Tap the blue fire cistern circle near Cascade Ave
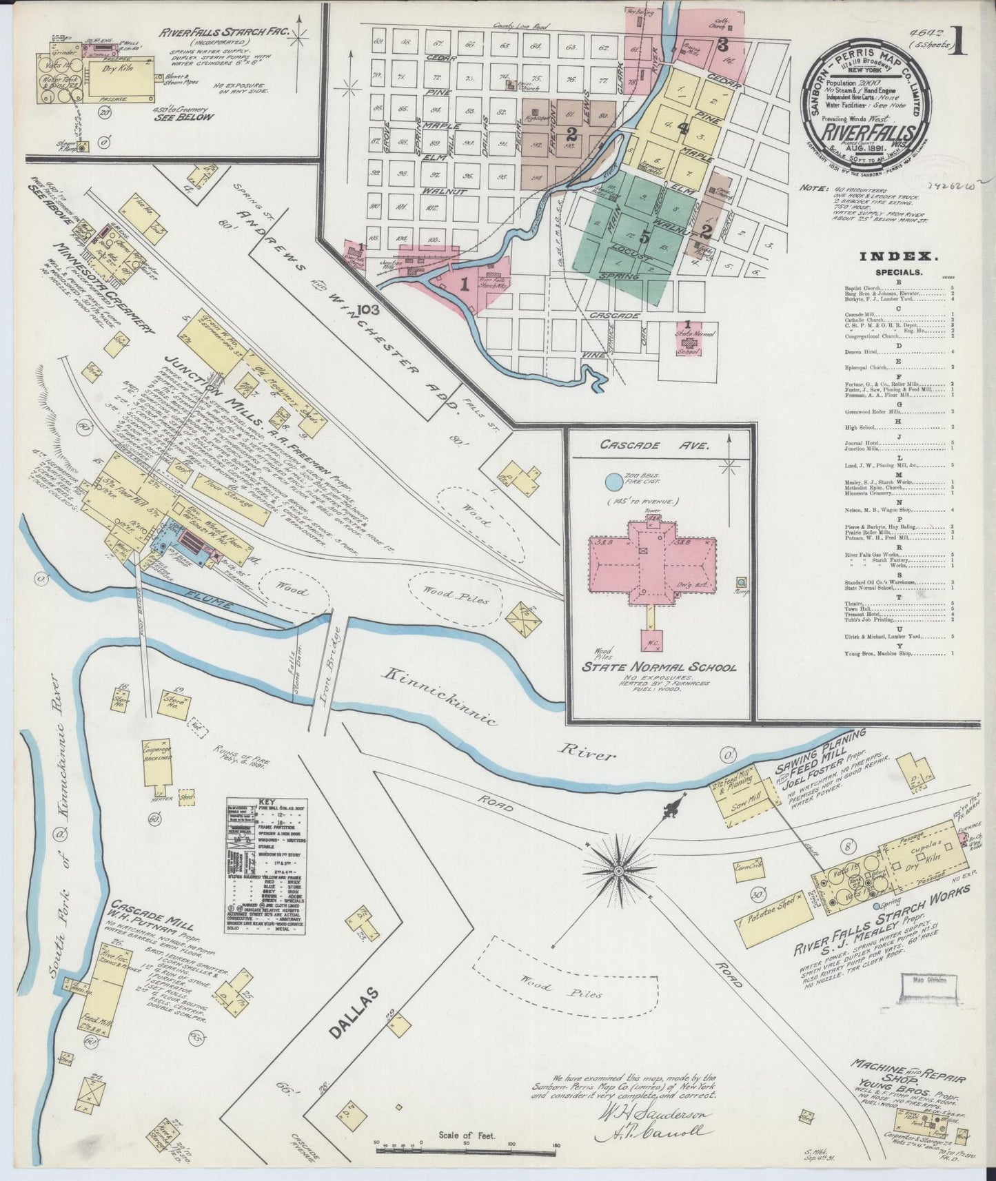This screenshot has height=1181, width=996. (613, 480)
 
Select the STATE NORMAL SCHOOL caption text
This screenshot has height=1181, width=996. (660, 668)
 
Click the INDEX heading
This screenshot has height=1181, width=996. (897, 256)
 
